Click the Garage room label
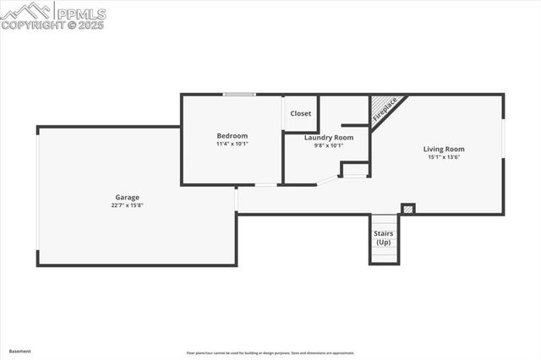pyautogui.click(x=128, y=197)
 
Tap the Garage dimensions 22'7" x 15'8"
pyautogui.click(x=128, y=205)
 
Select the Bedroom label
pyautogui.click(x=232, y=136)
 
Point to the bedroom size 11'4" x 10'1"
pyautogui.click(x=232, y=144)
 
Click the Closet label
pyautogui.click(x=301, y=113)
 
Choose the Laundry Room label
pyautogui.click(x=329, y=137)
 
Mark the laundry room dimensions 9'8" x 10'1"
pyautogui.click(x=329, y=145)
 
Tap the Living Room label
pyautogui.click(x=444, y=149)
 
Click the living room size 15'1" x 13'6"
pyautogui.click(x=444, y=156)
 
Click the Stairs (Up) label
pyautogui.click(x=384, y=237)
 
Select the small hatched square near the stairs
pyautogui.click(x=408, y=208)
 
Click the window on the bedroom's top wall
pyautogui.click(x=239, y=95)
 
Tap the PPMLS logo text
pyautogui.click(x=82, y=14)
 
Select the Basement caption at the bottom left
pyautogui.click(x=19, y=351)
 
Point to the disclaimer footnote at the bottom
pyautogui.click(x=270, y=353)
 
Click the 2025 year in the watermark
pyautogui.click(x=90, y=25)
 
